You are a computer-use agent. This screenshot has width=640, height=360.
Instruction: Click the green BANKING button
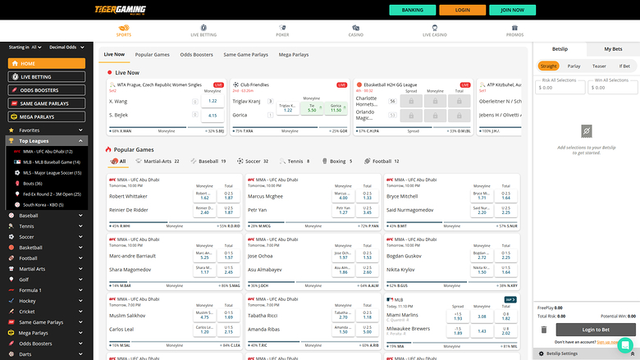tap(418, 10)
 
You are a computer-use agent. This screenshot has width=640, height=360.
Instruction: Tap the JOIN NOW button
tap(512, 10)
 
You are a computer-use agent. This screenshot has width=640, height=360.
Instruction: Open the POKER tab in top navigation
tap(282, 31)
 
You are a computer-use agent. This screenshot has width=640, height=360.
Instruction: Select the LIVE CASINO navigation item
tap(434, 31)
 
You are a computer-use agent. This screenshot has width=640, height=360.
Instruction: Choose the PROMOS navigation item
tap(514, 31)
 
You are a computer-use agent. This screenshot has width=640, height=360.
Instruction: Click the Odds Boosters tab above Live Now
tap(196, 54)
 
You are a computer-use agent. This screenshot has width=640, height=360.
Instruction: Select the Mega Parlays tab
tap(294, 54)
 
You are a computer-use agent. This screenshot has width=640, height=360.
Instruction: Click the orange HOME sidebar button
tap(47, 63)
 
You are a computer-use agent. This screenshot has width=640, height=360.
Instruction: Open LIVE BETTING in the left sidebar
tap(47, 76)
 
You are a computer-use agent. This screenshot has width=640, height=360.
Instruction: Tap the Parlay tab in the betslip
tap(574, 66)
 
